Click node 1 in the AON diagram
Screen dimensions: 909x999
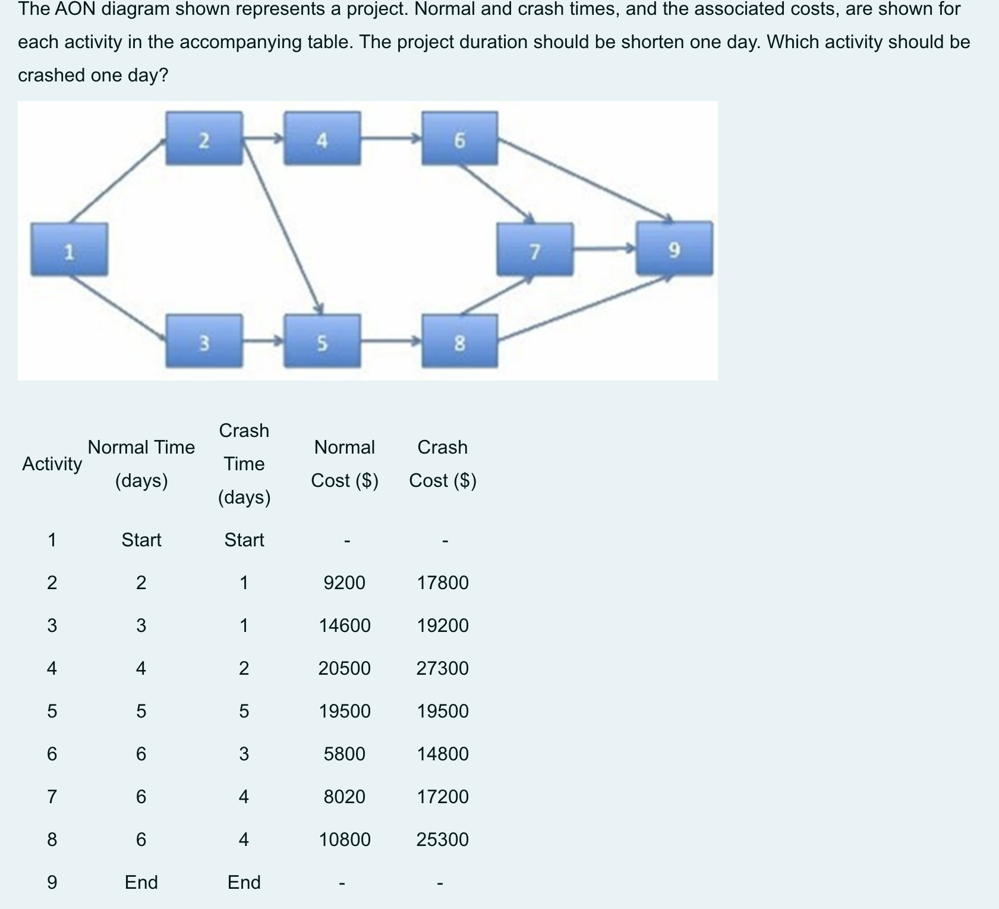click(x=70, y=250)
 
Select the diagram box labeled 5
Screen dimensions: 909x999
click(x=322, y=341)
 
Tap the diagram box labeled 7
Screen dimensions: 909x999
click(x=535, y=250)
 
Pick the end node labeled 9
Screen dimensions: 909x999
click(x=674, y=249)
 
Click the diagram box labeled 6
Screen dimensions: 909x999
click(x=459, y=139)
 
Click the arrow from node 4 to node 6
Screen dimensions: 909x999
click(x=390, y=139)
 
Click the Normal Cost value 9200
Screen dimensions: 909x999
click(x=344, y=583)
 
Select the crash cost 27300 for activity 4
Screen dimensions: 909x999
click(x=442, y=668)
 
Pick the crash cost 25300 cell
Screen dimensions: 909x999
click(x=442, y=839)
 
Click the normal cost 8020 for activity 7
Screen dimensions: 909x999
click(x=344, y=797)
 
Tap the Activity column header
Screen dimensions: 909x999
click(x=52, y=464)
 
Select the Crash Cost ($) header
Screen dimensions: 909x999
click(x=442, y=463)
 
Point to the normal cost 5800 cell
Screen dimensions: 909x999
click(x=344, y=754)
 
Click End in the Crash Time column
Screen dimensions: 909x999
click(x=244, y=882)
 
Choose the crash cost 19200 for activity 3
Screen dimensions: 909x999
click(x=442, y=625)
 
